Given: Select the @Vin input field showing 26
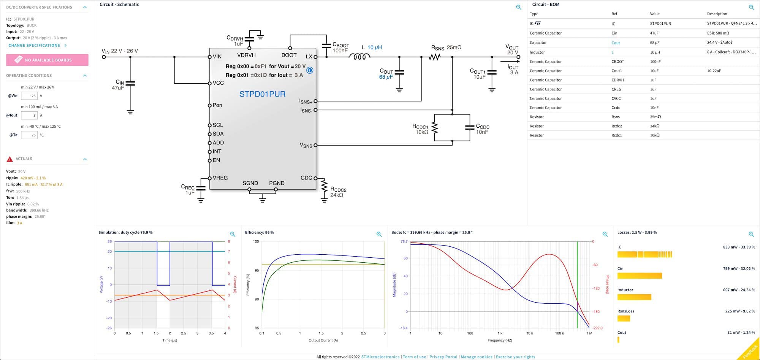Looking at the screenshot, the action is tap(29, 96).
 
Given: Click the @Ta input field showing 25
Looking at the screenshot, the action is tap(29, 135).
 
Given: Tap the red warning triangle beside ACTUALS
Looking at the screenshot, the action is tap(10, 159).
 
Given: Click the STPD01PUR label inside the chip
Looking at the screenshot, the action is tap(262, 94).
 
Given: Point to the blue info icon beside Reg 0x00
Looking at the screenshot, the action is tap(310, 70).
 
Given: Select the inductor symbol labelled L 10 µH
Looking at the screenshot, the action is tap(359, 57).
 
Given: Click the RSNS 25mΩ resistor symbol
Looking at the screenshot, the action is tap(435, 57).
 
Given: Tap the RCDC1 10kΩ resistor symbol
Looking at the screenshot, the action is tap(435, 128).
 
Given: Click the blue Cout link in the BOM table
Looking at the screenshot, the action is tap(616, 43).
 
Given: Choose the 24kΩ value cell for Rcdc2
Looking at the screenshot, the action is tap(655, 126).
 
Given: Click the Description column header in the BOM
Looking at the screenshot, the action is tap(717, 14).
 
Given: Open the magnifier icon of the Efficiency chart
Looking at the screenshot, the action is tap(379, 234).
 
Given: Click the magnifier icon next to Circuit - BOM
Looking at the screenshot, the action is tap(751, 7).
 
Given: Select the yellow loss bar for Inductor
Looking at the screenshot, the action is tap(634, 297).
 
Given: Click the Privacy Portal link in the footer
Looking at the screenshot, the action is tap(443, 357).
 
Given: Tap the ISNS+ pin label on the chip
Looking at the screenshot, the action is tap(306, 101).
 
